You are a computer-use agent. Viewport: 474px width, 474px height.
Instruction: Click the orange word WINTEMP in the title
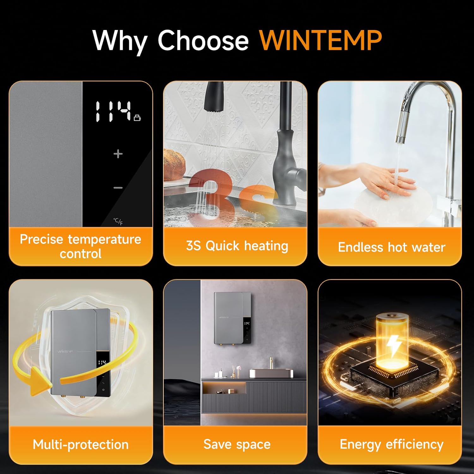(320, 40)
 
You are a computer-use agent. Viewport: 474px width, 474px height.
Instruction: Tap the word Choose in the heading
(203, 40)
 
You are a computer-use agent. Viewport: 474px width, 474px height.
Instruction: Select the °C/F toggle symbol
(118, 221)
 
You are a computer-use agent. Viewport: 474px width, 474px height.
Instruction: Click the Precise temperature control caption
(81, 246)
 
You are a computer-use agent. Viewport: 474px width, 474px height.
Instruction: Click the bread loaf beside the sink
(173, 166)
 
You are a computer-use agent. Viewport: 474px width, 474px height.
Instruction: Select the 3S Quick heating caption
(237, 246)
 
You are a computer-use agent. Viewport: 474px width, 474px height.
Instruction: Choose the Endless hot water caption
(391, 247)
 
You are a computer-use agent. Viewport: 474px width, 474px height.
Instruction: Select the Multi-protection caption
(81, 444)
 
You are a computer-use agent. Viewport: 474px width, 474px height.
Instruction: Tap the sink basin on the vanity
(271, 373)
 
